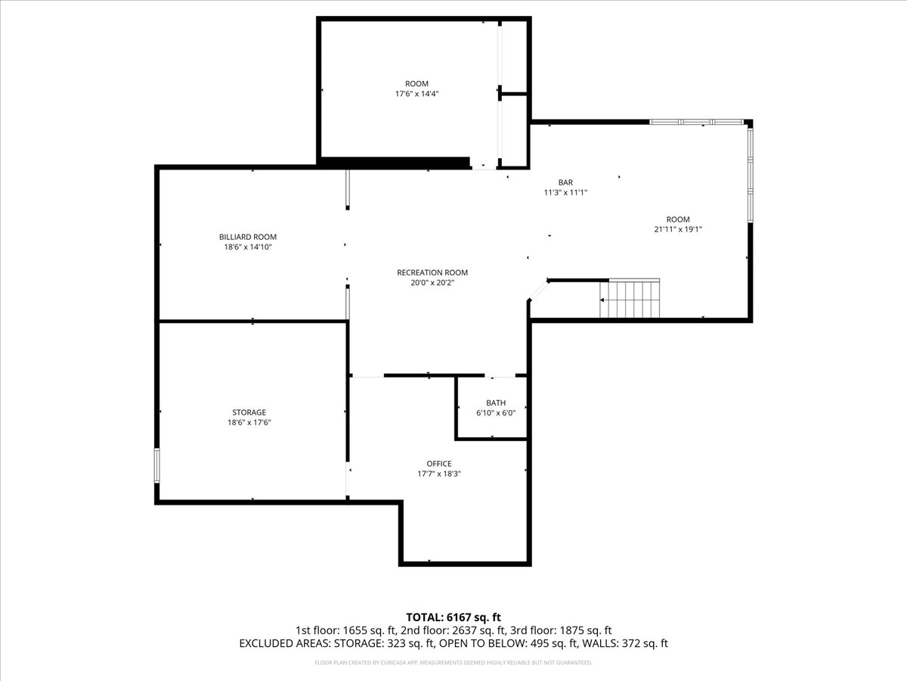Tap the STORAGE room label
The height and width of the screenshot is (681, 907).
click(x=249, y=412)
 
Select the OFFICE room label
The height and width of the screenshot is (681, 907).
click(x=439, y=464)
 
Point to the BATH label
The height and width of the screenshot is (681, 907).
click(x=496, y=403)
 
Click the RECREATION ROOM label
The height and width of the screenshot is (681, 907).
click(x=432, y=272)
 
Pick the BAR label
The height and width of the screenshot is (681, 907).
click(x=565, y=182)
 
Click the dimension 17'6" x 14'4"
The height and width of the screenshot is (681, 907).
click(x=416, y=94)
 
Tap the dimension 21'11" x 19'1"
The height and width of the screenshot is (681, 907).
click(x=683, y=229)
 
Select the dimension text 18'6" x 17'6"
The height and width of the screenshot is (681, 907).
click(x=249, y=423)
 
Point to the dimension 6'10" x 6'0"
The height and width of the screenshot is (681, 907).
click(x=496, y=413)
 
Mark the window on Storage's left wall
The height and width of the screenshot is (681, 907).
click(x=157, y=465)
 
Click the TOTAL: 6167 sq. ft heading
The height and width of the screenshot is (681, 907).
click(x=453, y=617)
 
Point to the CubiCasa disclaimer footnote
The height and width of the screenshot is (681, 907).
click(x=453, y=663)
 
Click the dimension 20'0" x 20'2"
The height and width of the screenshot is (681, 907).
click(x=432, y=283)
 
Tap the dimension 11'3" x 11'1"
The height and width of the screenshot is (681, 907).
click(x=565, y=193)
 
